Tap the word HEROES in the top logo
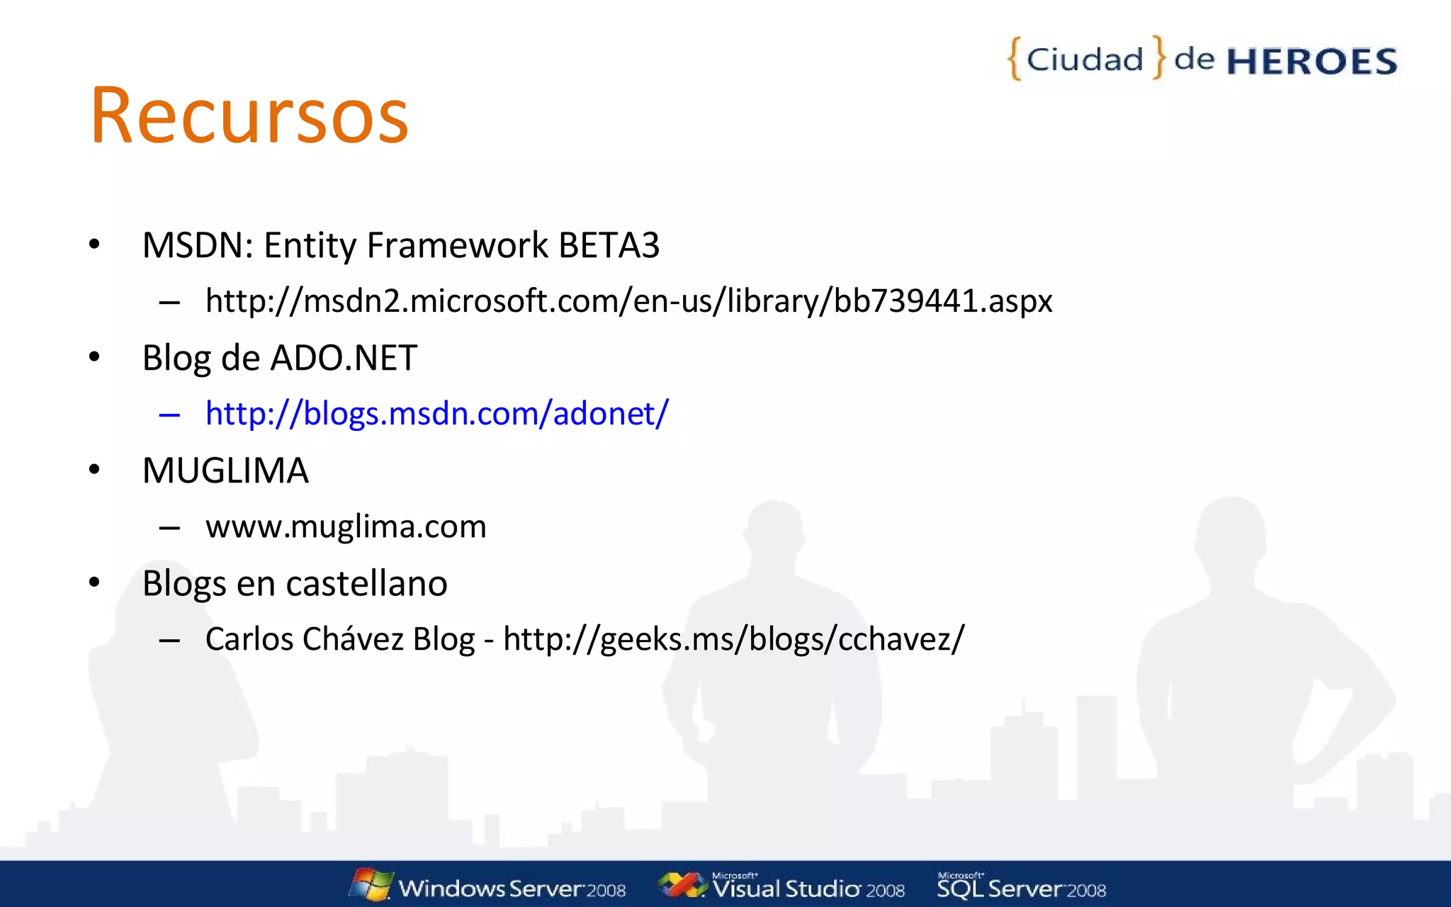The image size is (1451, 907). tap(1311, 62)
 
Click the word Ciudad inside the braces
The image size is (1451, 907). tap(1085, 60)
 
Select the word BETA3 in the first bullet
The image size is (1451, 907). tap(609, 246)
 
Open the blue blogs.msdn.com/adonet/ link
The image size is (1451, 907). tap(436, 414)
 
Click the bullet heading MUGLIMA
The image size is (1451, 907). tap(225, 471)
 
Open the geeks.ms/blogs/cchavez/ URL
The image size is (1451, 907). tap(733, 639)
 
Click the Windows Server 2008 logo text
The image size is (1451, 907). tap(512, 889)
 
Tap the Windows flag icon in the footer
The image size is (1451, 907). tap(371, 884)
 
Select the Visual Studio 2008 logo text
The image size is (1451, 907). tap(808, 889)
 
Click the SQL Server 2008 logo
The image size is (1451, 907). tap(1021, 887)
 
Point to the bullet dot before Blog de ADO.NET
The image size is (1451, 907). tap(94, 357)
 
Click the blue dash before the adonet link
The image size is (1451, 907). tap(169, 415)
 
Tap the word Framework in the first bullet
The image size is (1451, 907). tap(457, 246)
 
